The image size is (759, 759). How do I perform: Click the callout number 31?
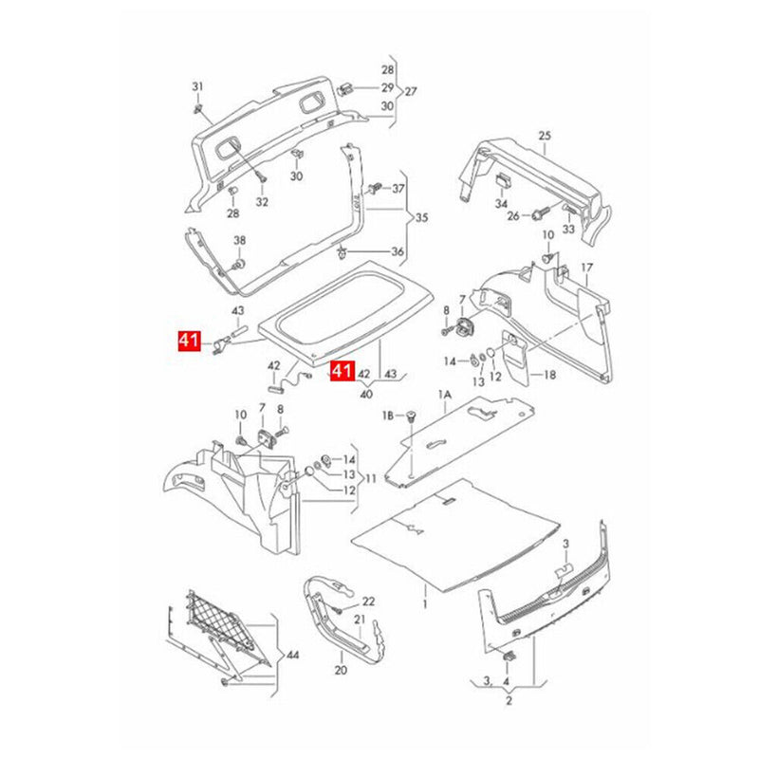coord(197,87)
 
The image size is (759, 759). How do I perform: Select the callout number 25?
coord(545,136)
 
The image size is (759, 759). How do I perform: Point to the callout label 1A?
coord(443,393)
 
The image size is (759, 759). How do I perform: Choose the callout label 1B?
coord(388,416)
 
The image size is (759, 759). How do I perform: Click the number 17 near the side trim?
coord(586,268)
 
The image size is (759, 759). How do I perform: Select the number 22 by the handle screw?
coord(368,602)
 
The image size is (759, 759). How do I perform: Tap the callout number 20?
coord(341,669)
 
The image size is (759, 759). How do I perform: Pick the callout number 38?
coord(239,240)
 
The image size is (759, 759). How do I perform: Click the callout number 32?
coord(262,202)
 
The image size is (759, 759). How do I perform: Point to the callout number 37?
coord(398,189)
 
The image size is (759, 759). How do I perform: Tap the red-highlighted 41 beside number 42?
coord(342,370)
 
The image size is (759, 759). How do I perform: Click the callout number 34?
coord(501,203)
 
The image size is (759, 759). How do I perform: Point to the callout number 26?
coord(513,215)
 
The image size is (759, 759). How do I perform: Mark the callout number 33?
coord(568,229)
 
